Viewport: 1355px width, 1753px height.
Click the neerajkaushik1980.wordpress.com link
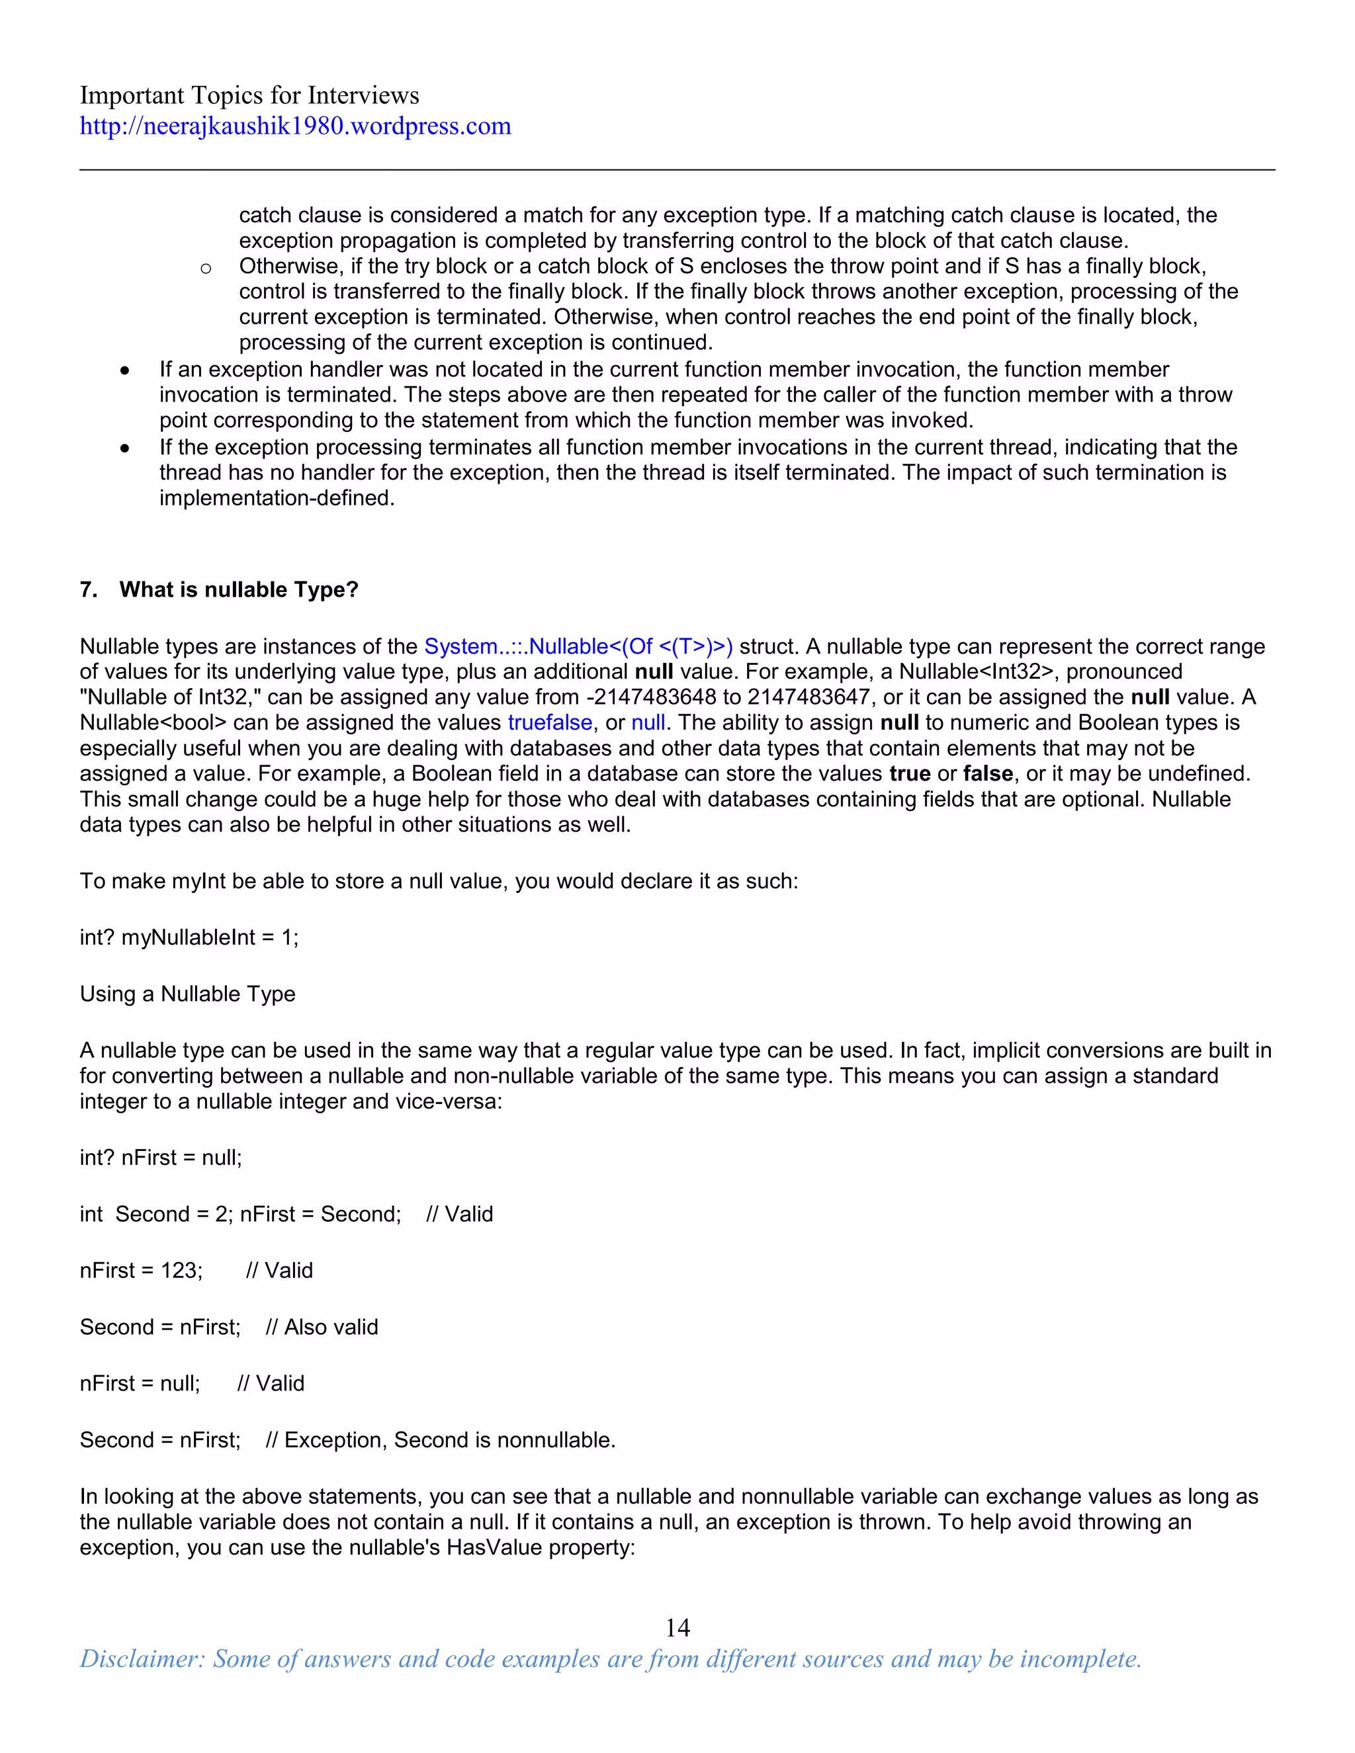point(294,126)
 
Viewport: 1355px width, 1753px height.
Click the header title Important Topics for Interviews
point(249,95)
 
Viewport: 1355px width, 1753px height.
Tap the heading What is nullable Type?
point(238,589)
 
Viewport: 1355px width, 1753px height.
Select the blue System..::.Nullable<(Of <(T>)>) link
point(578,646)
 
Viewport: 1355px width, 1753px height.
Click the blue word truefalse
point(550,722)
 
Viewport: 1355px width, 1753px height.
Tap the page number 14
point(677,1627)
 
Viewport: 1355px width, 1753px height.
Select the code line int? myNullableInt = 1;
point(189,937)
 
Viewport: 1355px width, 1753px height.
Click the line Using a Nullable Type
point(187,994)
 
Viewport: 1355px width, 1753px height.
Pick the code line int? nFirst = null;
point(161,1158)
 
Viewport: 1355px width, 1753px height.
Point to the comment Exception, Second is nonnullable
point(449,1440)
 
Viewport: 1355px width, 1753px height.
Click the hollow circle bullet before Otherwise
point(206,269)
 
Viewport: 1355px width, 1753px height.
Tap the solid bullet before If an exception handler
point(124,370)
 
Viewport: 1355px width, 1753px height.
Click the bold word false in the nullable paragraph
point(987,774)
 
